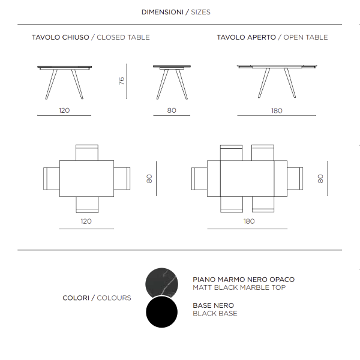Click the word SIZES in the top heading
[x=200, y=12]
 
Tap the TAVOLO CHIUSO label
[x=60, y=37]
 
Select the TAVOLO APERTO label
[x=246, y=37]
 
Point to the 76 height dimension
[x=121, y=80]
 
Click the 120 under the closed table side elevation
[x=64, y=110]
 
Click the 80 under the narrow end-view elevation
[x=172, y=110]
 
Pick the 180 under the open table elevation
[x=277, y=110]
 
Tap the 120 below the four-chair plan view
[x=86, y=221]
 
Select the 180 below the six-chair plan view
[x=249, y=221]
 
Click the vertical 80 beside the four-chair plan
[x=149, y=178]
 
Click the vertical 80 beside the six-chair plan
[x=320, y=178]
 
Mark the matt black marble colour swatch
[x=162, y=282]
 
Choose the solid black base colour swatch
[x=162, y=313]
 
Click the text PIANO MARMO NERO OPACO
[x=244, y=280]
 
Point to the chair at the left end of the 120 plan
[x=51, y=178]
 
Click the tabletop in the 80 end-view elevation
[x=172, y=66]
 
